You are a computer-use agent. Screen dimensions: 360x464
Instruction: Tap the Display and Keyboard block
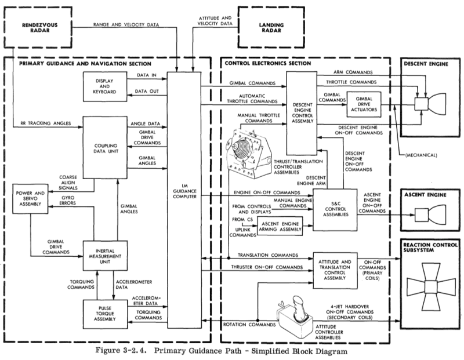pyautogui.click(x=104, y=86)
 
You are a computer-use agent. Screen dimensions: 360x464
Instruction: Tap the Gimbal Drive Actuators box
pyautogui.click(x=362, y=103)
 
